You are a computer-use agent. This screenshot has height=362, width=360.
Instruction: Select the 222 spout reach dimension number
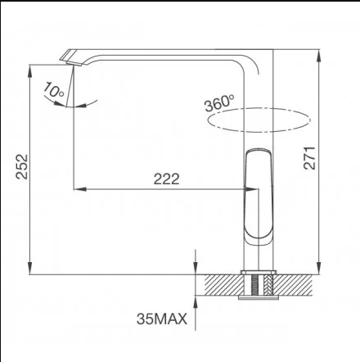166,179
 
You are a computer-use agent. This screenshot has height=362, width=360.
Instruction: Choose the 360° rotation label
220,105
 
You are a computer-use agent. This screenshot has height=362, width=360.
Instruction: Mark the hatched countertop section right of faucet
295,284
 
